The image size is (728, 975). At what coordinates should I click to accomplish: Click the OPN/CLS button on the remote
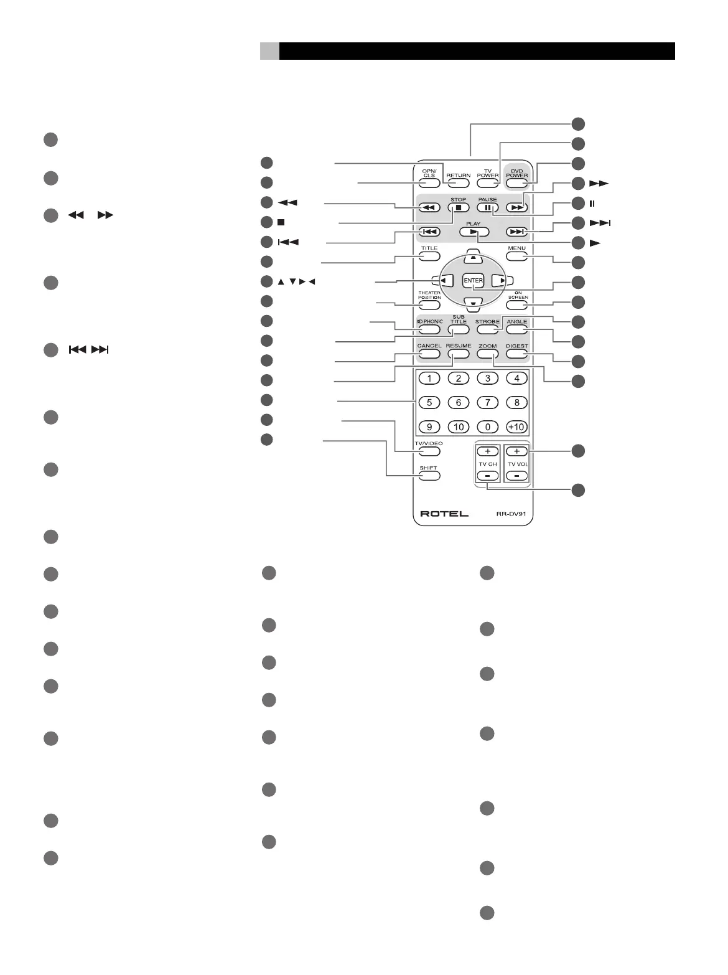point(429,184)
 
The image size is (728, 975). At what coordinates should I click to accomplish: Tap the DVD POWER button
point(516,184)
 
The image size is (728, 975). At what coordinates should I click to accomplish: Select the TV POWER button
point(488,184)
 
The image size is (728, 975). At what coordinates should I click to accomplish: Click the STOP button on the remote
point(459,208)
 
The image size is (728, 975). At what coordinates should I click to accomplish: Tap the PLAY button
point(474,232)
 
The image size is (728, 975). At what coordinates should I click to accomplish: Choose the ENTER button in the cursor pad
point(474,281)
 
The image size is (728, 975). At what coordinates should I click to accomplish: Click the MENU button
point(516,257)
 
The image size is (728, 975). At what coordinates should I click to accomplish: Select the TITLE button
point(429,257)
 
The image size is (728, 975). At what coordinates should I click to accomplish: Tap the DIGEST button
point(516,354)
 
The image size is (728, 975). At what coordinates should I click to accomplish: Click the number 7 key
point(488,403)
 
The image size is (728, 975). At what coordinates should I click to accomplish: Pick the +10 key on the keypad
point(516,427)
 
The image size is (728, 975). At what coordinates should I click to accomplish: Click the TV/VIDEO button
point(429,451)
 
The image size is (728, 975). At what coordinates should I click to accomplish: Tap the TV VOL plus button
point(516,451)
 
